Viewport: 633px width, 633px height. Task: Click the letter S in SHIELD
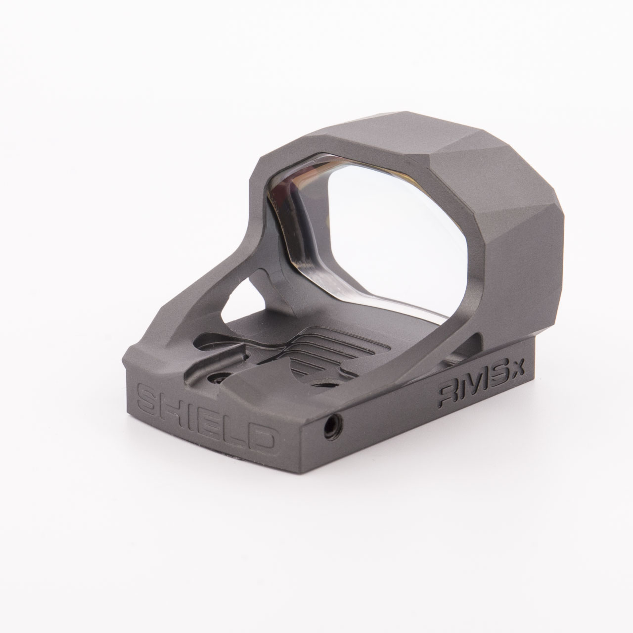pyautogui.click(x=147, y=398)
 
